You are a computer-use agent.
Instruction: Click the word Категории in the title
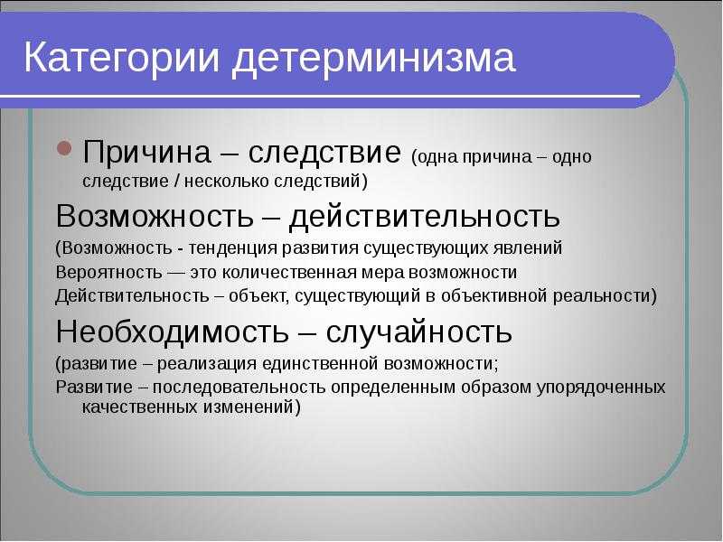click(122, 58)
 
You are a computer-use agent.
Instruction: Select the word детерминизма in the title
click(373, 59)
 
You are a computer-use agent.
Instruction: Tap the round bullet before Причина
click(65, 148)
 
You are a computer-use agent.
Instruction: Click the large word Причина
click(146, 152)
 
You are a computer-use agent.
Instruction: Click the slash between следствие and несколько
click(176, 182)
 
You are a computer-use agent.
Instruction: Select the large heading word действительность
click(424, 215)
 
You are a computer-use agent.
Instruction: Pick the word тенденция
click(233, 248)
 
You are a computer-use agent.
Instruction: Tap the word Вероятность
click(108, 273)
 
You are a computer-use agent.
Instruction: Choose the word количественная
click(289, 272)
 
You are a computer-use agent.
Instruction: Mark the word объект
click(259, 296)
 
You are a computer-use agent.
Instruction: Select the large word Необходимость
click(172, 332)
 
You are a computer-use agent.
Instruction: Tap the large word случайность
click(418, 332)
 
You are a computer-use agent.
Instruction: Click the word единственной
click(321, 364)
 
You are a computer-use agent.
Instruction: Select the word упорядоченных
click(601, 388)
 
